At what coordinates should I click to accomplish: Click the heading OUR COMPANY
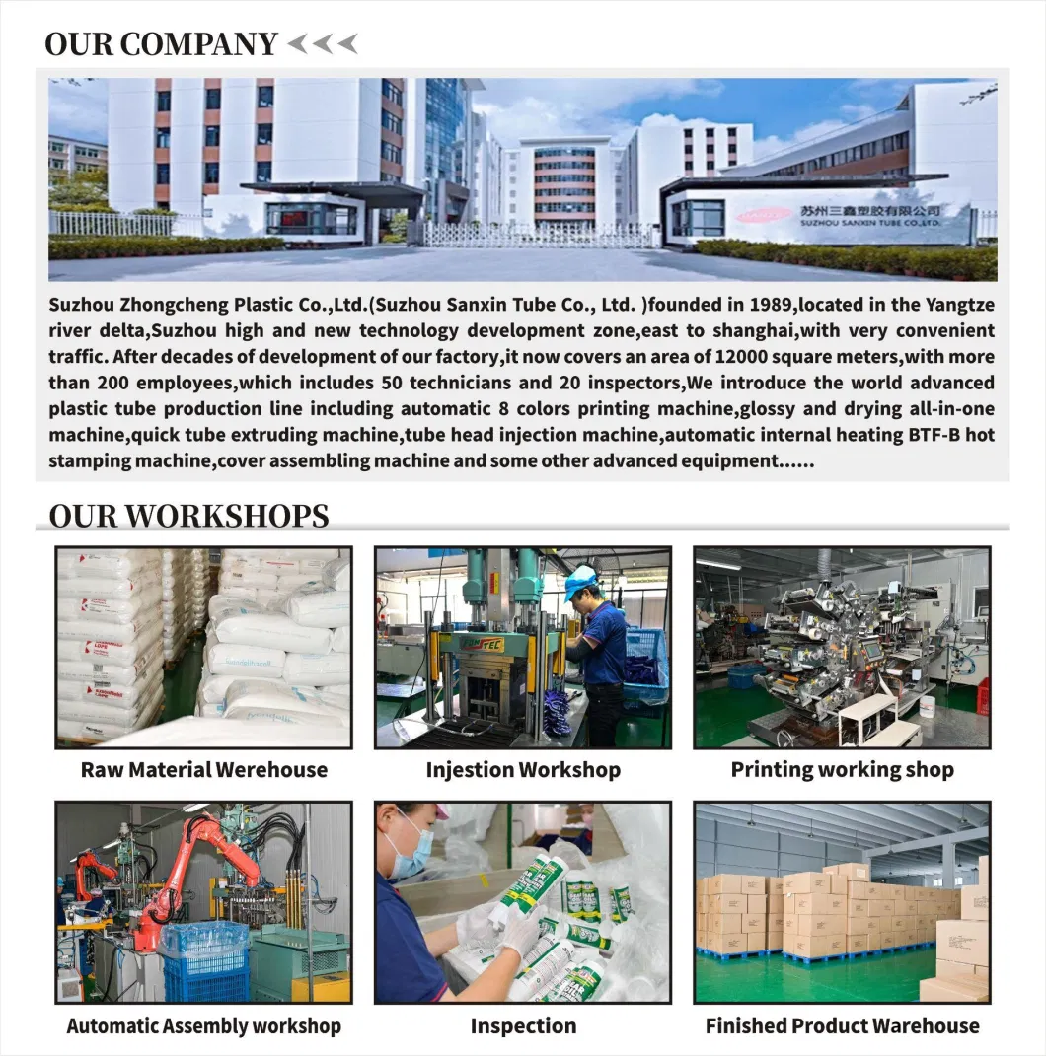(161, 43)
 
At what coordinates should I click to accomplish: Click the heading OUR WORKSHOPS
(187, 515)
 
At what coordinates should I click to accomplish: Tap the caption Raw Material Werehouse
(203, 770)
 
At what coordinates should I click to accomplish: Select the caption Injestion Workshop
(523, 770)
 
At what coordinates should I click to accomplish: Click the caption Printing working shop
(842, 770)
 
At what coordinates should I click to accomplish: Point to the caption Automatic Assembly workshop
(203, 1025)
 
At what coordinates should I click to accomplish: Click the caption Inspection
(523, 1025)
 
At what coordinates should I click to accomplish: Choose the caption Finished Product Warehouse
(842, 1025)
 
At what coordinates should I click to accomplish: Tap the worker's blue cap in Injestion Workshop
(580, 580)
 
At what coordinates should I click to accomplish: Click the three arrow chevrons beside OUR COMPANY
(322, 43)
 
